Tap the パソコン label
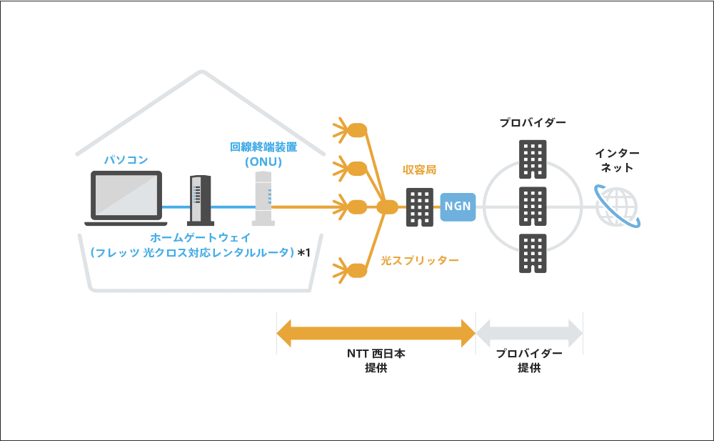point(126,160)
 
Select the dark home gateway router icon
point(200,200)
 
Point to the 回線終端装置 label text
point(263,147)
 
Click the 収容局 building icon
point(419,207)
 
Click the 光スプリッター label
point(419,260)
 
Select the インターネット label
point(618,161)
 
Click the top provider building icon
point(533,159)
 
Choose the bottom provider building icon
point(533,254)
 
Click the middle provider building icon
point(533,207)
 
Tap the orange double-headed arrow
point(376,332)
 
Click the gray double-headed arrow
point(529,332)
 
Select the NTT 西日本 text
point(376,354)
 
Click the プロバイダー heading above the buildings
point(533,123)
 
